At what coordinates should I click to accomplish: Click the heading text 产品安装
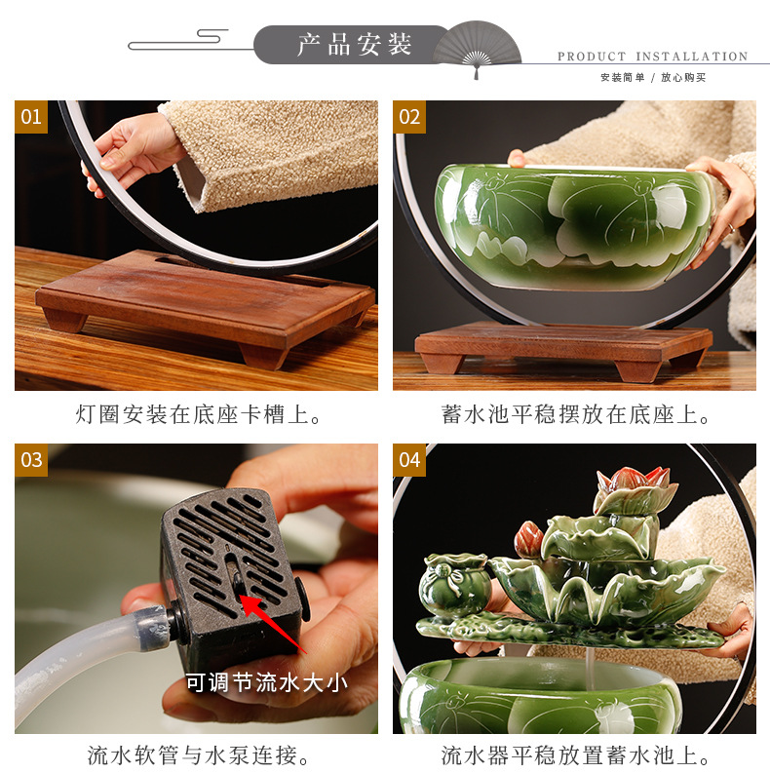pyautogui.click(x=354, y=45)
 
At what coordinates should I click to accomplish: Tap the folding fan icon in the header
pyautogui.click(x=477, y=49)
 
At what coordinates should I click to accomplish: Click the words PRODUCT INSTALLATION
pyautogui.click(x=653, y=57)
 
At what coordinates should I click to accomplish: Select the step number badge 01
pyautogui.click(x=31, y=117)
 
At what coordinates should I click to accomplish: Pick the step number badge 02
pyautogui.click(x=409, y=117)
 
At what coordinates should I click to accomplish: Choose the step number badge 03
pyautogui.click(x=31, y=460)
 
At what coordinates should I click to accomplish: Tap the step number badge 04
pyautogui.click(x=409, y=460)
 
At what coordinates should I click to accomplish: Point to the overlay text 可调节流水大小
pyautogui.click(x=267, y=682)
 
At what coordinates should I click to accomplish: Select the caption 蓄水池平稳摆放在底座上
pyautogui.click(x=575, y=414)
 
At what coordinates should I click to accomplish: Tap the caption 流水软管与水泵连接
pyautogui.click(x=198, y=755)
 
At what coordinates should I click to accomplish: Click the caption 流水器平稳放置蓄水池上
pyautogui.click(x=575, y=755)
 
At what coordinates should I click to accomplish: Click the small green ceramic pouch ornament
pyautogui.click(x=454, y=585)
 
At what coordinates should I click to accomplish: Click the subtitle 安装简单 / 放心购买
pyautogui.click(x=653, y=77)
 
